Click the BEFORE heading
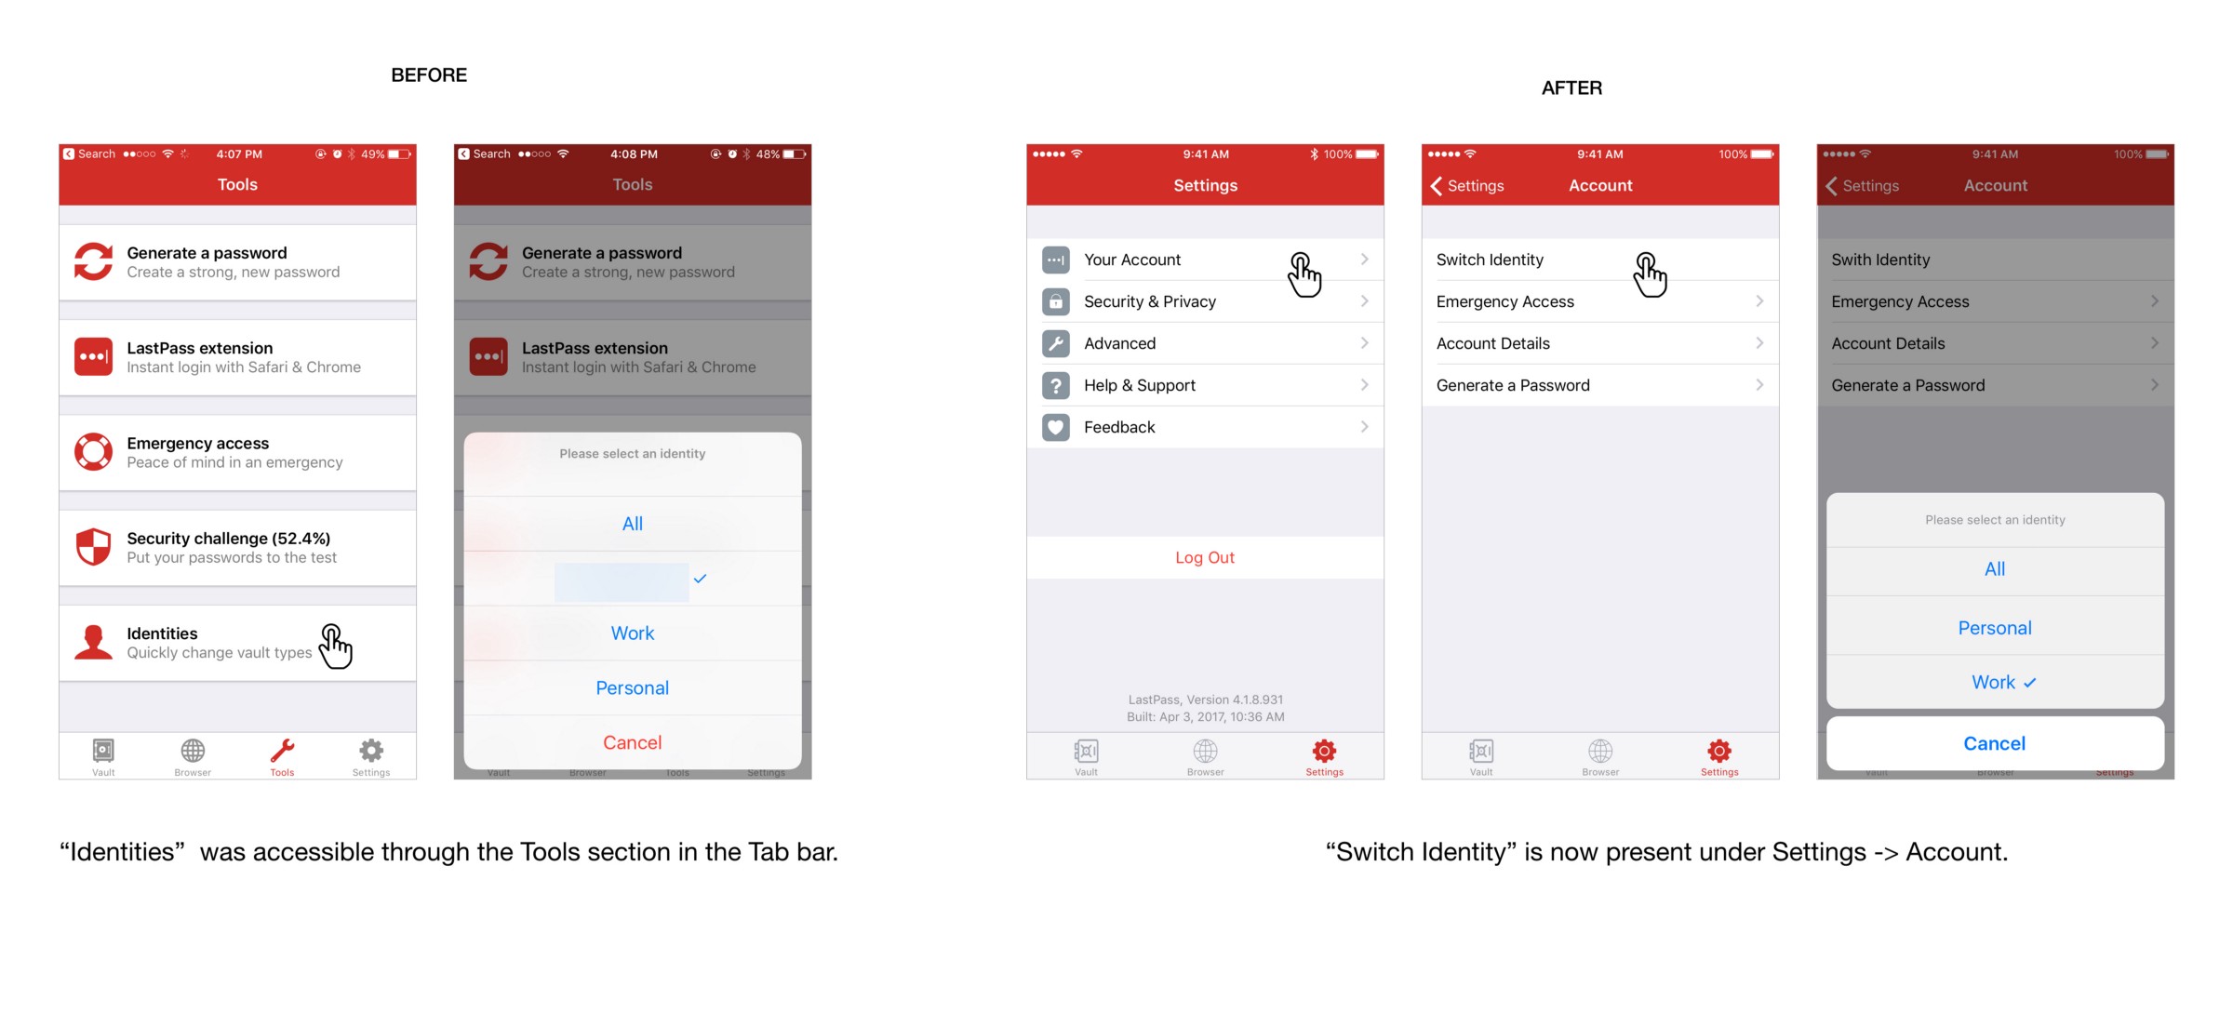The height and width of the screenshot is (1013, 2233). (429, 75)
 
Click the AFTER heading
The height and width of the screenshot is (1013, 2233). (1571, 88)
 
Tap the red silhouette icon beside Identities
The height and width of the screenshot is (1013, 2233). (93, 642)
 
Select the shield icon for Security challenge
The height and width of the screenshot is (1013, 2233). (93, 547)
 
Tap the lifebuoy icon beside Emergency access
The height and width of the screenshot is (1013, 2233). (93, 451)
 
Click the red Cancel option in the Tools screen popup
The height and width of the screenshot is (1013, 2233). (633, 742)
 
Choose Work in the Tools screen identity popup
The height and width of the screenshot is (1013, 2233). (633, 633)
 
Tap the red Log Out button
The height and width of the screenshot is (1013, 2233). (1205, 557)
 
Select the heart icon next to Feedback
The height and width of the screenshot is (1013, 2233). (1055, 427)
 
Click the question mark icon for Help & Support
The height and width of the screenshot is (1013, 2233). (1055, 385)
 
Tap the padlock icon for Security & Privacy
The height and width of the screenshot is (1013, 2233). (1055, 301)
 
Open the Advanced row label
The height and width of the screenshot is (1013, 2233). (1119, 343)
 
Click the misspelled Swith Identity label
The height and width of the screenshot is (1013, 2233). (1880, 260)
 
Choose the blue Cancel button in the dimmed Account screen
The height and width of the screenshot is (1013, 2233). (1994, 743)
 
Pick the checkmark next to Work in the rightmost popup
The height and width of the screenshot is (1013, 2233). (2030, 683)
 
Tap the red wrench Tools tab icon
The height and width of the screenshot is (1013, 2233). (282, 750)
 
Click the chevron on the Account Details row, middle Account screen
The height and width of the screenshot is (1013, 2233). (1759, 343)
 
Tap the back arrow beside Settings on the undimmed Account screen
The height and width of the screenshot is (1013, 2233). (1437, 186)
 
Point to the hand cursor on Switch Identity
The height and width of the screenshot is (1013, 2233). (1650, 274)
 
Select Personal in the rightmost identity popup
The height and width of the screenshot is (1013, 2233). (1995, 628)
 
